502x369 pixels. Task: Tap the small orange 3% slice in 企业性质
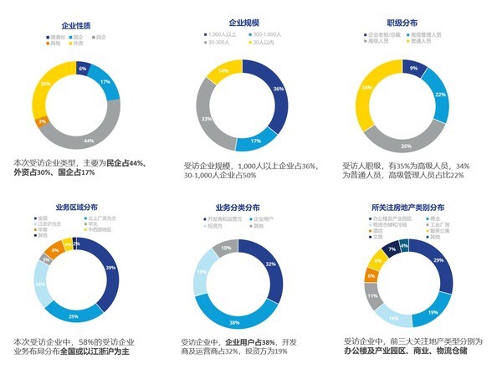point(42,122)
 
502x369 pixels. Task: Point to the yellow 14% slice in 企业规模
point(223,72)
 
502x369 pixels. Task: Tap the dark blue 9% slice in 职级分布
point(413,68)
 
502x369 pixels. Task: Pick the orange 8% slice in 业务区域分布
point(54,249)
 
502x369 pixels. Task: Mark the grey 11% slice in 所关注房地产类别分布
point(372,295)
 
